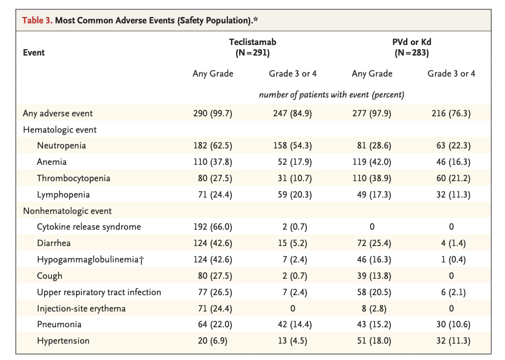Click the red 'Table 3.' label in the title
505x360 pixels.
[37, 20]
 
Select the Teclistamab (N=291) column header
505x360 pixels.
[252, 47]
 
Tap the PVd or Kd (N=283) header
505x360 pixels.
[411, 47]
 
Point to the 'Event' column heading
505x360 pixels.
[34, 53]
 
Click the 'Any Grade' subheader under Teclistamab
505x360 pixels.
[213, 74]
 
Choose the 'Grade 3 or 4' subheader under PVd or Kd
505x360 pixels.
[451, 74]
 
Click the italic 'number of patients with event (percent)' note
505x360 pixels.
[331, 95]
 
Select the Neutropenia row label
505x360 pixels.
[61, 146]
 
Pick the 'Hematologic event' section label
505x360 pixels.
[60, 130]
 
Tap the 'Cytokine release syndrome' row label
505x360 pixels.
[89, 227]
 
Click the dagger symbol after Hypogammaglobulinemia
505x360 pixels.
[141, 260]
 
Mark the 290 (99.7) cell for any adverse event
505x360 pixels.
[213, 113]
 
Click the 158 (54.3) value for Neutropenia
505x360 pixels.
[292, 146]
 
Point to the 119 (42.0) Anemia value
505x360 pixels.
[372, 162]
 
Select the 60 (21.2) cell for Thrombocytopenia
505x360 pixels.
[453, 178]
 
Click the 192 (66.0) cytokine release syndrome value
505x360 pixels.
[213, 227]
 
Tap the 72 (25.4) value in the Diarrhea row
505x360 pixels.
[374, 243]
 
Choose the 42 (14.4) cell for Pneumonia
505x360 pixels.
[295, 324]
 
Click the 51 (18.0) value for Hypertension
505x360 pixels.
[374, 341]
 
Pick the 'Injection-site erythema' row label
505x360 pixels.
[81, 309]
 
